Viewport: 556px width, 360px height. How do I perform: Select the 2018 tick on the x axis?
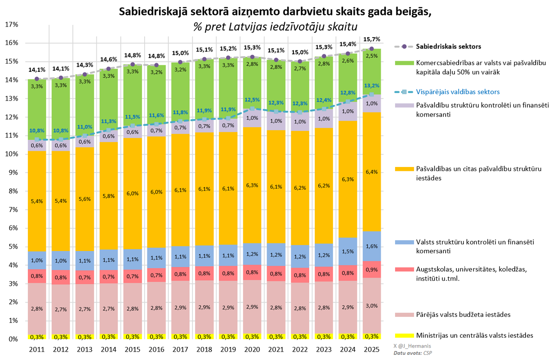[204, 349]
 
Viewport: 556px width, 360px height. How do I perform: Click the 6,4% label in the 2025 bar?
[371, 172]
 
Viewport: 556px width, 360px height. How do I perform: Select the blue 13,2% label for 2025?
[371, 85]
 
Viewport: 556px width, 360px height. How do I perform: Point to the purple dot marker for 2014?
[109, 71]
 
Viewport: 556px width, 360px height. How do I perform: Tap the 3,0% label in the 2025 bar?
[371, 305]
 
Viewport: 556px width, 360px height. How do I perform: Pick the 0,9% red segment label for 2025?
[371, 270]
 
